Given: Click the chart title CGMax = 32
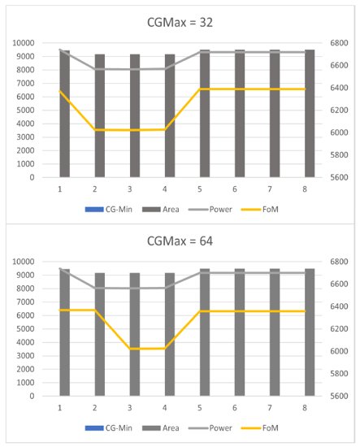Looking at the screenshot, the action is point(180,23).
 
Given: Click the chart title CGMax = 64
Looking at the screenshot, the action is point(180,241).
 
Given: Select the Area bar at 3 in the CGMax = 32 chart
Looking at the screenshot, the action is point(135,115).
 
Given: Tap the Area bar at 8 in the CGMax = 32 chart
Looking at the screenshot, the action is point(310,114).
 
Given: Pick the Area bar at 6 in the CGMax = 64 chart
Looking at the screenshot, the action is point(240,332).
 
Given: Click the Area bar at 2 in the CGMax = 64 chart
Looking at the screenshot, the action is point(100,334).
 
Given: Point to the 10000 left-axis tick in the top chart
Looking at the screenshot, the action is point(24,43).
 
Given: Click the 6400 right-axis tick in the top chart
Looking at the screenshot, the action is point(339,88).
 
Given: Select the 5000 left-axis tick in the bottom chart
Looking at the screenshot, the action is point(25,328).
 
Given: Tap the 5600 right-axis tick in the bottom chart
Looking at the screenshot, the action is point(339,396).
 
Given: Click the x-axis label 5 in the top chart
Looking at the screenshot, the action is point(200,189).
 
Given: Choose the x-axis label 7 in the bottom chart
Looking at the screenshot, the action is point(270,408).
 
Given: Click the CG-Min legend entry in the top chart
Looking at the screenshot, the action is point(109,210).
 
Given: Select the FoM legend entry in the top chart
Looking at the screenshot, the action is point(260,210).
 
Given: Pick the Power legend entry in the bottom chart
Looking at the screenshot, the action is point(210,428).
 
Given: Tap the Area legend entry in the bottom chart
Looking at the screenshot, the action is point(161,428).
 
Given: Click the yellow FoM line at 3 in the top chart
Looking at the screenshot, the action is point(130,130).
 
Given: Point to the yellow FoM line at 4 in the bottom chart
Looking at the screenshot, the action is point(165,349).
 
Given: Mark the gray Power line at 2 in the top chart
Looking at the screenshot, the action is point(95,69).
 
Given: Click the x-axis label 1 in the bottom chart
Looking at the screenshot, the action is point(60,408).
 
